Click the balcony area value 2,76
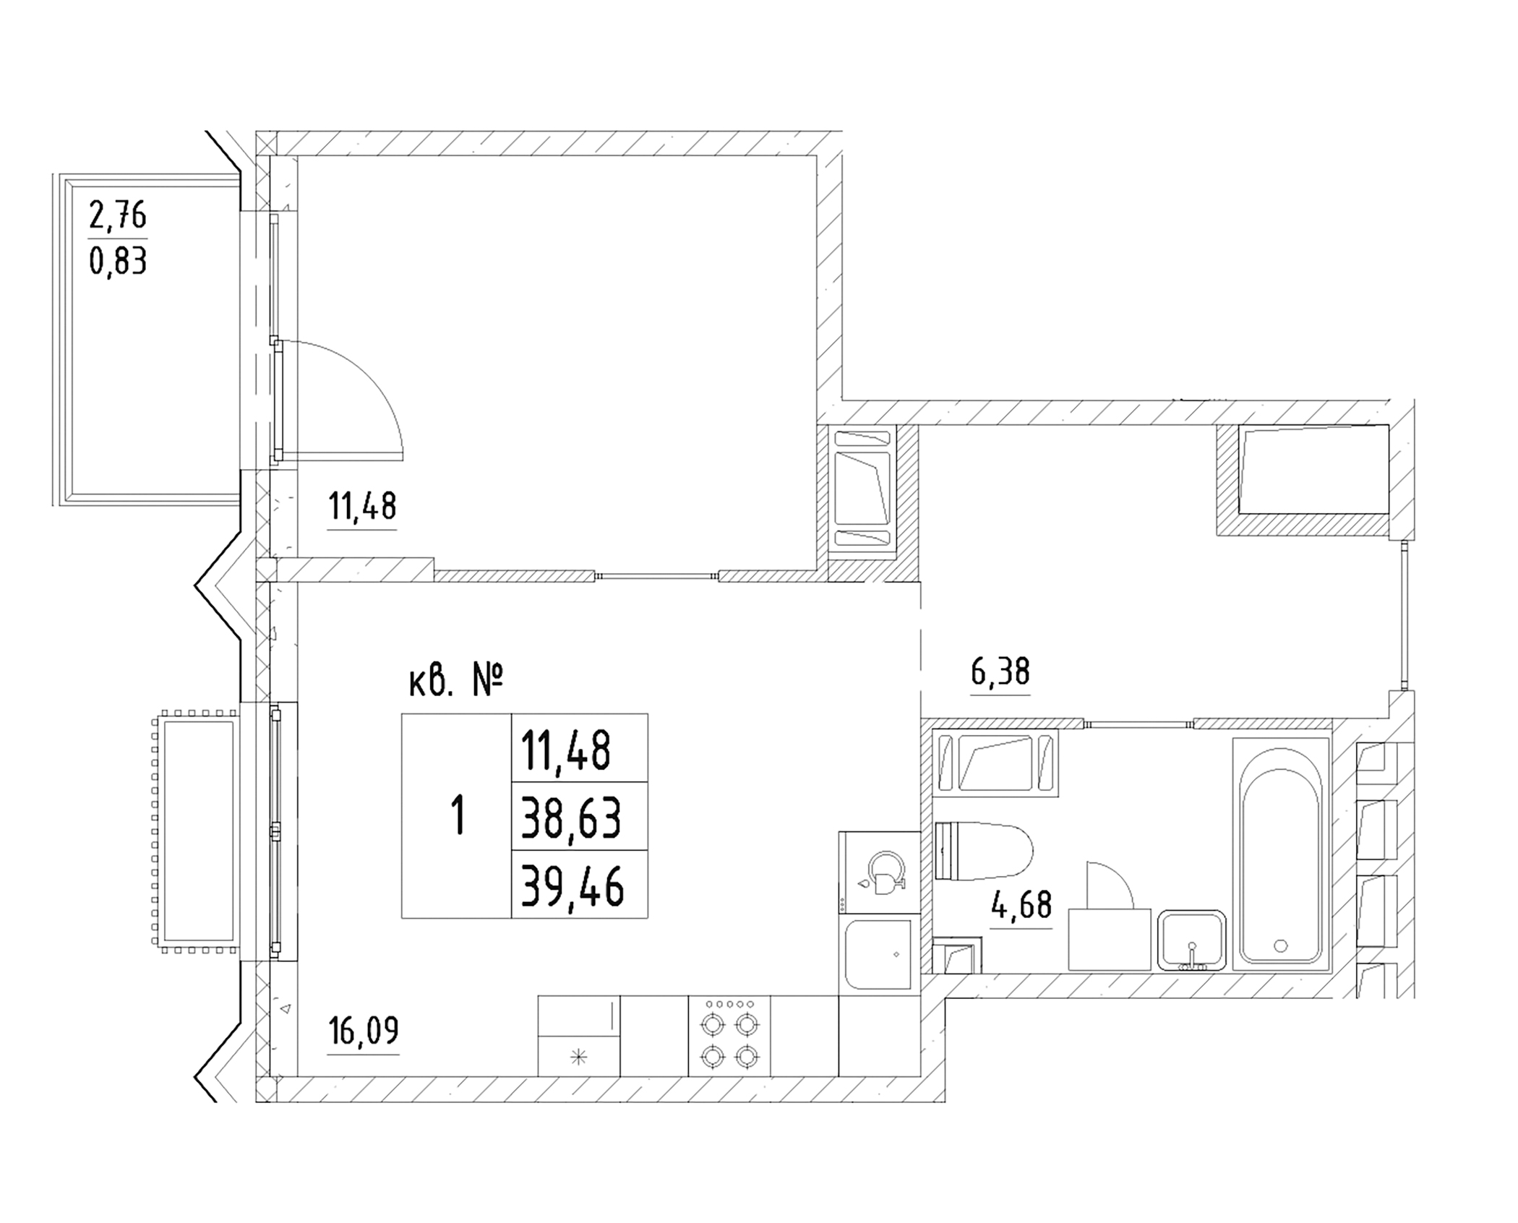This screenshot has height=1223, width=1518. (118, 215)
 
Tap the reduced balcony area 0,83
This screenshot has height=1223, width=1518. (118, 260)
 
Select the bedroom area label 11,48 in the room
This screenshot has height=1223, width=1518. (362, 506)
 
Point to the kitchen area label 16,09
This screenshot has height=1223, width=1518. (363, 1031)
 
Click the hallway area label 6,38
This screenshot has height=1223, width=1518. (1000, 671)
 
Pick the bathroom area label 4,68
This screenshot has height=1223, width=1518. (1021, 904)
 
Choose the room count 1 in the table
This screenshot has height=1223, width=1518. (457, 816)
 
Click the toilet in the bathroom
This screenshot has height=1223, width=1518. (982, 851)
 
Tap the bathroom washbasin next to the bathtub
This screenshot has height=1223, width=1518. (1191, 940)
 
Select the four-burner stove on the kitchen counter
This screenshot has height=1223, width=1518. (729, 1036)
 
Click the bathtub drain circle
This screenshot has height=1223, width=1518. (1281, 945)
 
